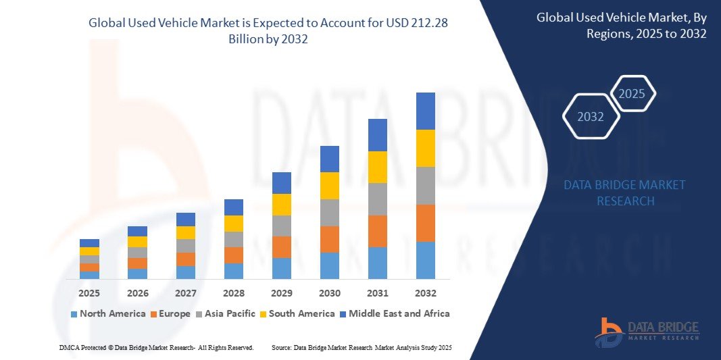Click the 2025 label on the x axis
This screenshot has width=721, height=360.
pyautogui.click(x=89, y=293)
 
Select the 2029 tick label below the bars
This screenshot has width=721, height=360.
pyautogui.click(x=282, y=293)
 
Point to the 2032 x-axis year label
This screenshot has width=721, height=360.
pyautogui.click(x=426, y=293)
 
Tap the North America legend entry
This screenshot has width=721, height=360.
pyautogui.click(x=108, y=313)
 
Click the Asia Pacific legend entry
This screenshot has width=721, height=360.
pyautogui.click(x=225, y=313)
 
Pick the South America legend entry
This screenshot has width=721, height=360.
pyautogui.click(x=297, y=313)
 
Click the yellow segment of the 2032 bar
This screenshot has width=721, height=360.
pyautogui.click(x=426, y=148)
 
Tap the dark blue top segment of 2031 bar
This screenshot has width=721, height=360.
pyautogui.click(x=378, y=135)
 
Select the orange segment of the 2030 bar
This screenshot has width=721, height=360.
pyautogui.click(x=330, y=239)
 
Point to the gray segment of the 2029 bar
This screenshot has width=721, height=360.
pyautogui.click(x=282, y=226)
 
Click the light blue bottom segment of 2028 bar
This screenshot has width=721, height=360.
pyautogui.click(x=234, y=271)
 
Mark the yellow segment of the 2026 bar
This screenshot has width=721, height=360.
pyautogui.click(x=137, y=242)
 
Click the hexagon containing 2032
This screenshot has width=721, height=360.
pyautogui.click(x=591, y=117)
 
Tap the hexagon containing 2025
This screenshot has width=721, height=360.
pyautogui.click(x=632, y=94)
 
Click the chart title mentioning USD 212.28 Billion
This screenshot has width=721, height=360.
pyautogui.click(x=268, y=30)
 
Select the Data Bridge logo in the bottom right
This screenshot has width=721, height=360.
pyautogui.click(x=647, y=332)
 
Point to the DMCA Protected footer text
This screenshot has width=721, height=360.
pyautogui.click(x=156, y=347)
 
